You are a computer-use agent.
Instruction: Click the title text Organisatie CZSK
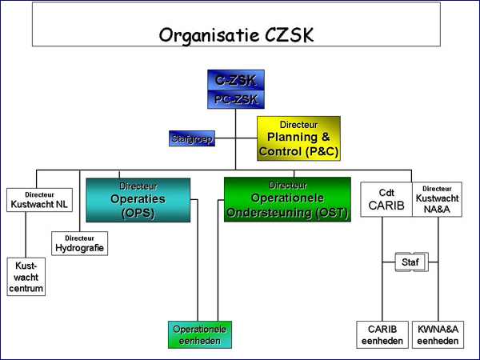click(x=236, y=35)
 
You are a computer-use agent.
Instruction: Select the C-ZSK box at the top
click(x=235, y=79)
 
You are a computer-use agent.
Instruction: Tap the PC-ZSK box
click(x=235, y=98)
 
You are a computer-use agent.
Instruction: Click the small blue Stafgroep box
click(x=191, y=139)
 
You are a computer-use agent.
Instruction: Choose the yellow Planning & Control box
click(x=298, y=138)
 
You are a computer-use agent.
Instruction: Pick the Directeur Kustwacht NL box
click(x=39, y=200)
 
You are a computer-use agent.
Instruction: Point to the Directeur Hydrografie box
click(x=79, y=243)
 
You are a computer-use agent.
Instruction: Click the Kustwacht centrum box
click(x=26, y=277)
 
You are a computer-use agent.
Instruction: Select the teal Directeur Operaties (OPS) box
click(x=138, y=200)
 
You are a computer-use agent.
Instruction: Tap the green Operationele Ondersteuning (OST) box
click(x=287, y=199)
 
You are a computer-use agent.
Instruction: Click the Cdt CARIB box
click(x=386, y=200)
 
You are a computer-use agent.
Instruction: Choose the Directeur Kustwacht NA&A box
click(x=437, y=200)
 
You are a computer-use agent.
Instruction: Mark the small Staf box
click(x=410, y=262)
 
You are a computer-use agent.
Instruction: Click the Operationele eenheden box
click(x=199, y=335)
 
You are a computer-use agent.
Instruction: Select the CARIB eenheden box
click(x=382, y=335)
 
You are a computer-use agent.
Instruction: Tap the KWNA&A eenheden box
click(x=438, y=335)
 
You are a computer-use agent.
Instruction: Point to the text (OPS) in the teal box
click(x=138, y=213)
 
